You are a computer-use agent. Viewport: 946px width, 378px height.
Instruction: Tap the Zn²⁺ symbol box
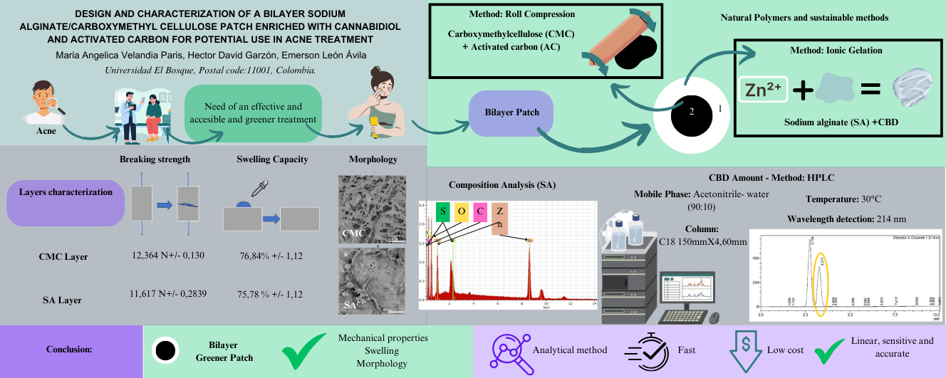[763, 89]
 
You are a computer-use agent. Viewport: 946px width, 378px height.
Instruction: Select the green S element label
[442, 211]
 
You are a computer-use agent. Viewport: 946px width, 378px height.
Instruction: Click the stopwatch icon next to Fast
[645, 350]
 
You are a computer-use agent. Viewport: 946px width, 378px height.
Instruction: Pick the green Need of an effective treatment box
[253, 112]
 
